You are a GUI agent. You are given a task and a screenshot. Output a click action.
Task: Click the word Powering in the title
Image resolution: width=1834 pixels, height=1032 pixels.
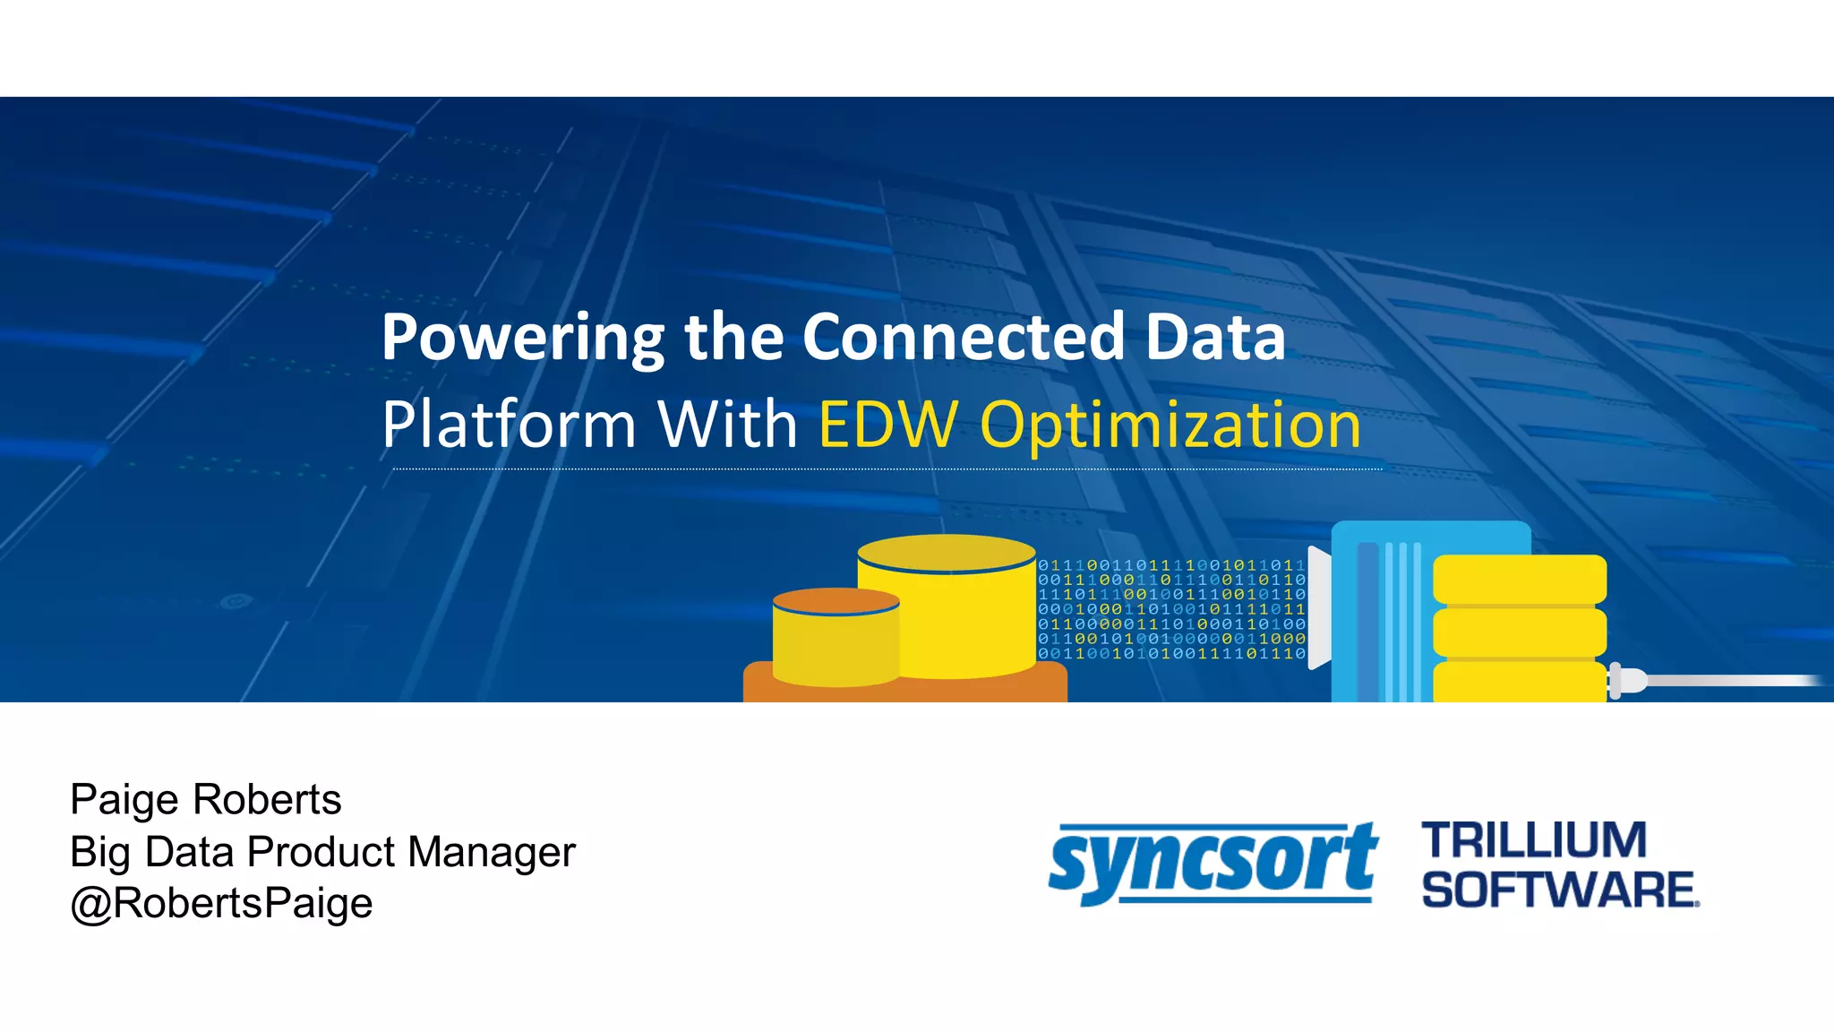click(523, 338)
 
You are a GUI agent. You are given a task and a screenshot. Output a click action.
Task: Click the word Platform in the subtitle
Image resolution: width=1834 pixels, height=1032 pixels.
click(509, 424)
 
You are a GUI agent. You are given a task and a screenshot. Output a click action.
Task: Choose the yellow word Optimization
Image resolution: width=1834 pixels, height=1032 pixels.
click(1170, 426)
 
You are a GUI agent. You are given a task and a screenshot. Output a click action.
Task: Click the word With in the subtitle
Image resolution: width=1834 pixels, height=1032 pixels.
click(727, 424)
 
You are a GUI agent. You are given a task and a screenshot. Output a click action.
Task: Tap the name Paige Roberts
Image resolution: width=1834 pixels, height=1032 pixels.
click(205, 799)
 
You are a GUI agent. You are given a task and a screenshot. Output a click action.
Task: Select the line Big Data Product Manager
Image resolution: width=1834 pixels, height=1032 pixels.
click(322, 851)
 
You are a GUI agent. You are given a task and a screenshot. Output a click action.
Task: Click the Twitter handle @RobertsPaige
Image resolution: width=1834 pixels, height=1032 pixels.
click(221, 903)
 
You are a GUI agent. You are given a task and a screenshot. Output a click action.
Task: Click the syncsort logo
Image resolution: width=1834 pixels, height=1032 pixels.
click(1213, 862)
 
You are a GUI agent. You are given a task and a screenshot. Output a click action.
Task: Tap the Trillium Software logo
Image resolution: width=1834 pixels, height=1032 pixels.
click(1559, 864)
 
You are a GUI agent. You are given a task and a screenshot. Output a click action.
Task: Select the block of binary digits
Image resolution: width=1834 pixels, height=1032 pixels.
click(1171, 609)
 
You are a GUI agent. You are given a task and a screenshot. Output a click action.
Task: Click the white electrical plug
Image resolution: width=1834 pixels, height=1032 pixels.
click(1627, 680)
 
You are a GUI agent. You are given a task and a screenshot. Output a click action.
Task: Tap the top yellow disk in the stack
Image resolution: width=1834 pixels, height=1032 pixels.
click(1520, 579)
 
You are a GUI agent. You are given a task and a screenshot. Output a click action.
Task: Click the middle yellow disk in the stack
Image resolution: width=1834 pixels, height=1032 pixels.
click(1520, 632)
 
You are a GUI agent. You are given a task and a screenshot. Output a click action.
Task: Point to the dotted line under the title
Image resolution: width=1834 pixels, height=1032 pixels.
click(887, 469)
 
